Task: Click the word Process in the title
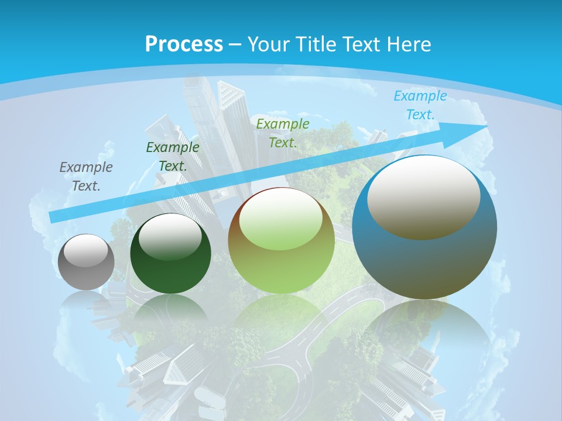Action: point(184,44)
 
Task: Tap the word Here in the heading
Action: point(408,44)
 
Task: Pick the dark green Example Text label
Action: point(173,156)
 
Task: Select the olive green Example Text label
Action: point(283,133)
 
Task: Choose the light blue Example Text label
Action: point(420,105)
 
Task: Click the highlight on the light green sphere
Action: point(281,218)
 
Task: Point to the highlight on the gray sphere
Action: point(86,250)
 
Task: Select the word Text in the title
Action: point(362,44)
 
